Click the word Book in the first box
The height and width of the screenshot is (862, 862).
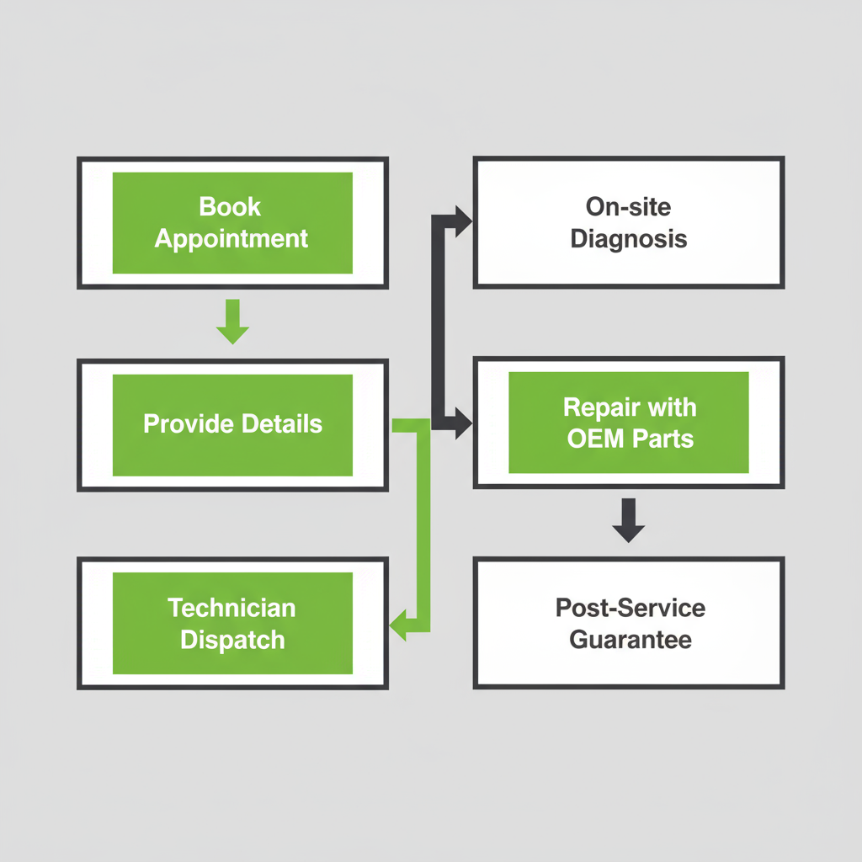[231, 207]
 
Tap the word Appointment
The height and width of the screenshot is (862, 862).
[231, 239]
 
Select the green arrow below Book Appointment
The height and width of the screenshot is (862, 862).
[232, 323]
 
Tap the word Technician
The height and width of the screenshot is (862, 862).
[231, 608]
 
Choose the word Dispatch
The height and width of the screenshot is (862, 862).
[232, 640]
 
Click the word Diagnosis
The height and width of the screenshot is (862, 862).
[628, 239]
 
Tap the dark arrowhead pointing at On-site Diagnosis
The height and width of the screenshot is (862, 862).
[462, 220]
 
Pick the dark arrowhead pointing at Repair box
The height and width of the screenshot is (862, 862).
[462, 423]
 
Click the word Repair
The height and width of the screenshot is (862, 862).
[594, 408]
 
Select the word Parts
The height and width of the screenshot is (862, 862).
[663, 439]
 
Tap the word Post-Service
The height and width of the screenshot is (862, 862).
[631, 608]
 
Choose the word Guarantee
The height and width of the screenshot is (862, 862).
[631, 640]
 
